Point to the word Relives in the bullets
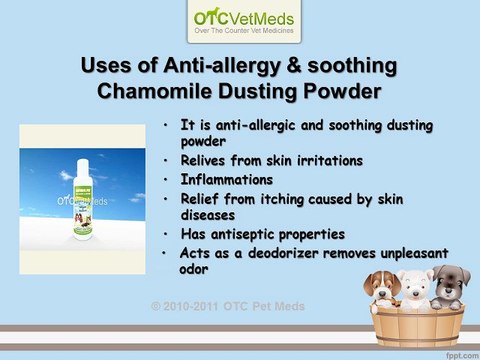[210, 160]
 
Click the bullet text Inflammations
[228, 179]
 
